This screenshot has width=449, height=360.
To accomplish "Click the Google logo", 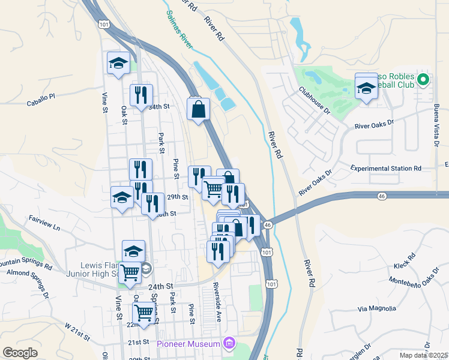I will tap(20, 353).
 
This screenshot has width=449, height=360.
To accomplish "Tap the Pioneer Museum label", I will tap(188, 344).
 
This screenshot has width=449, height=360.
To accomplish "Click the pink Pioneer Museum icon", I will tap(228, 343).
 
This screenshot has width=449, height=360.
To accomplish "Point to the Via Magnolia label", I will tap(377, 309).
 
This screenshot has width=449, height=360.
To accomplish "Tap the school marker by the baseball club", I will tap(366, 86).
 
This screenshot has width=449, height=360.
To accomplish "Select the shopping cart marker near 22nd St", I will tap(144, 312).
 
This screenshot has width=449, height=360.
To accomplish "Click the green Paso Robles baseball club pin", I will tap(423, 79).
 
